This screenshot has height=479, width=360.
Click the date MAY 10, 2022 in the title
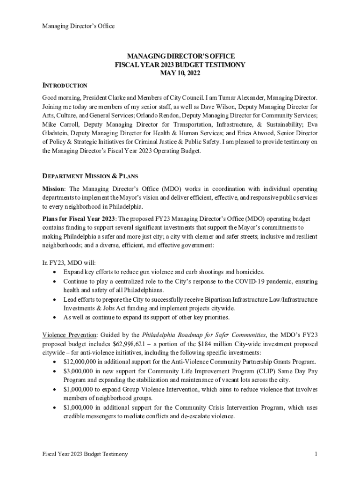[x=180, y=73]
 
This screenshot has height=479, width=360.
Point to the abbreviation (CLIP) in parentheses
[x=266, y=370]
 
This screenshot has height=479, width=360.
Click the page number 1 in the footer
[x=317, y=454]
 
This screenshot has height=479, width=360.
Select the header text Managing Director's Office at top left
[x=79, y=26]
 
